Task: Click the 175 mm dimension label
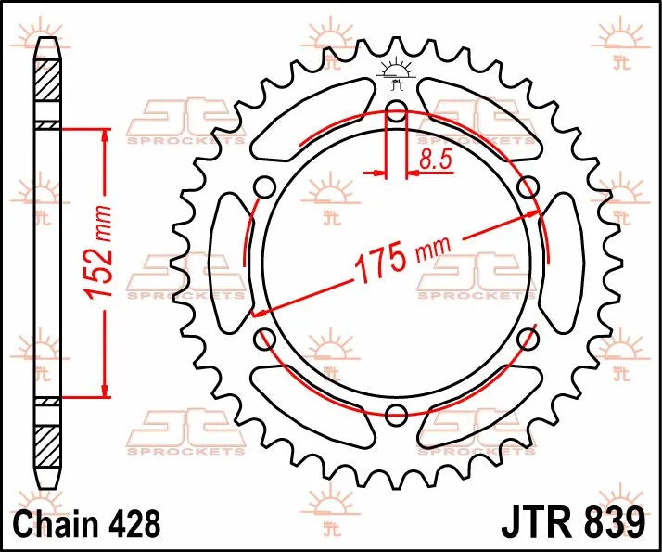[x=399, y=259]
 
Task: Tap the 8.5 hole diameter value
[x=435, y=160]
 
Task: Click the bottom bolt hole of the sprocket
[x=396, y=412]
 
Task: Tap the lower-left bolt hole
[x=264, y=337]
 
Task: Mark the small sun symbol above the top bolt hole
[x=396, y=69]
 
